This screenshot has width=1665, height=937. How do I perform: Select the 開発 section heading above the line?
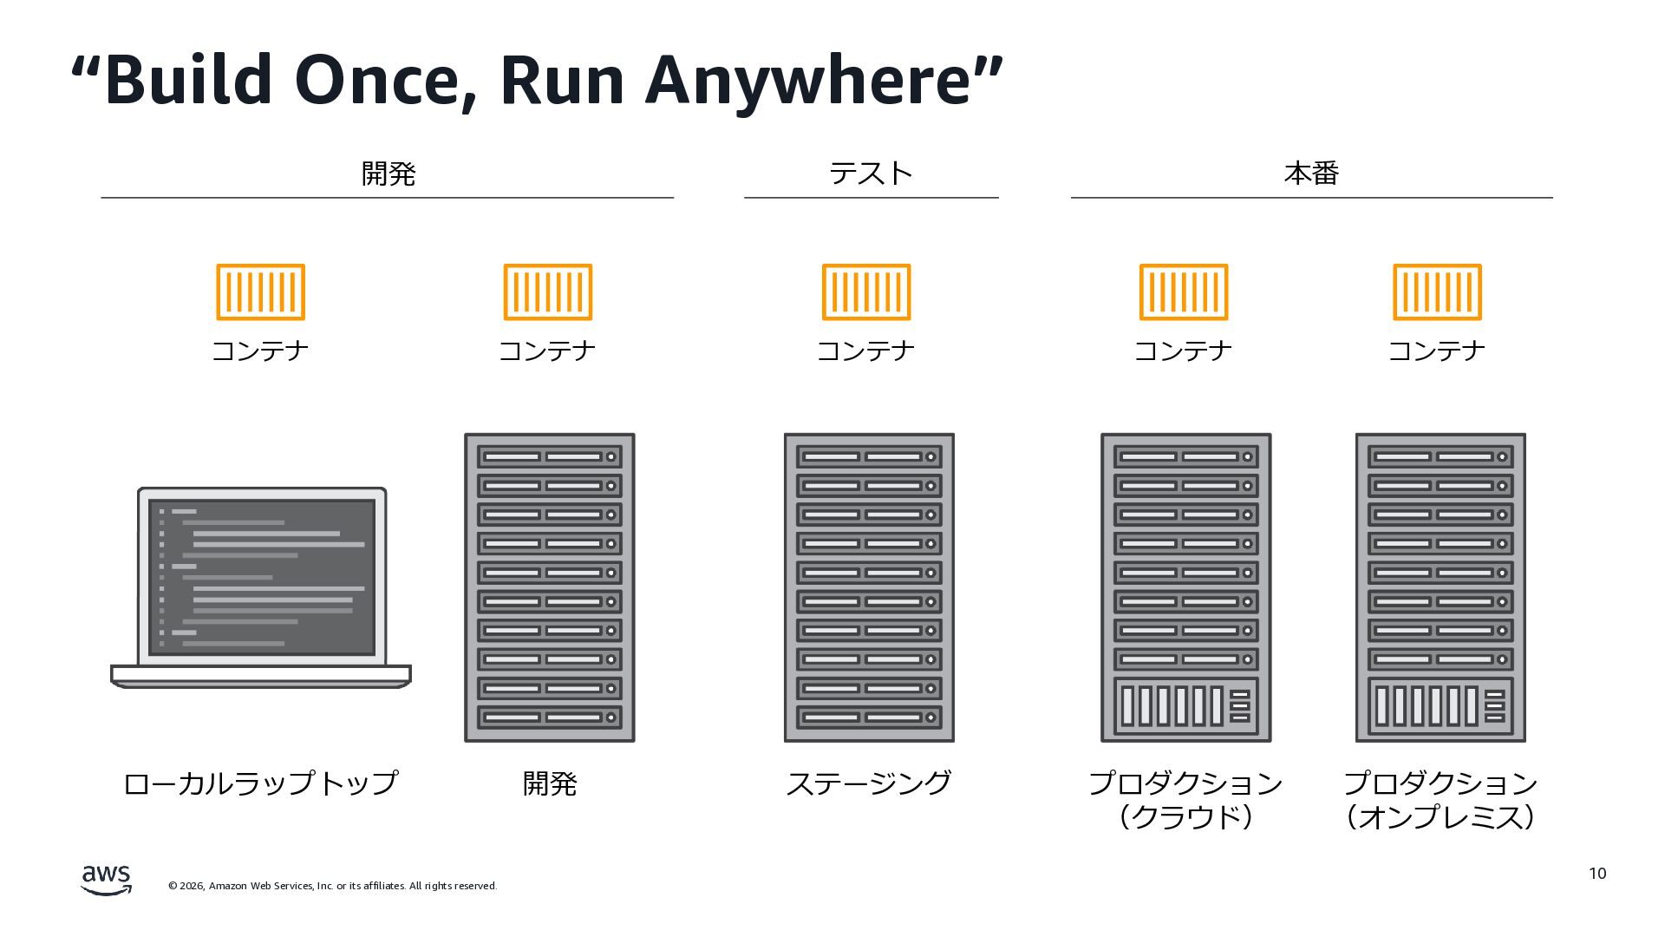click(x=388, y=174)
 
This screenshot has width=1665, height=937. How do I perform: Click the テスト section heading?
click(x=871, y=174)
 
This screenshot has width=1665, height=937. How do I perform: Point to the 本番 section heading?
click(x=1311, y=174)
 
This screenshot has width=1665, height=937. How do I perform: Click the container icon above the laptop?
click(x=260, y=292)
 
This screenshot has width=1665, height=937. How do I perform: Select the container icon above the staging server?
click(x=866, y=292)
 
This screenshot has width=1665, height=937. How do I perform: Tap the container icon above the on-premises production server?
click(x=1437, y=292)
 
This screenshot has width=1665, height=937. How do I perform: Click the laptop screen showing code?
click(x=261, y=577)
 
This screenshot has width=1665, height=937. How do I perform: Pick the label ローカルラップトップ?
click(x=260, y=783)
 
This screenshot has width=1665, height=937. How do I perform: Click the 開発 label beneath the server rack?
click(x=549, y=783)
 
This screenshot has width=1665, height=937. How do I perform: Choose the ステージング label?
click(x=868, y=783)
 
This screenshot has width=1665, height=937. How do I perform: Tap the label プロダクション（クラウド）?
click(x=1185, y=800)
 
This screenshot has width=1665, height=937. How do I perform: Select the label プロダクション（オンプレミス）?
click(x=1440, y=800)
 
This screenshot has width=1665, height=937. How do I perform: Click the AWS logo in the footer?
click(x=106, y=879)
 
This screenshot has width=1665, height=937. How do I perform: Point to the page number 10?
click(x=1597, y=874)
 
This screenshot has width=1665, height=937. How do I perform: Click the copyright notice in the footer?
click(x=332, y=886)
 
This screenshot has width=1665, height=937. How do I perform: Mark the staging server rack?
click(x=869, y=587)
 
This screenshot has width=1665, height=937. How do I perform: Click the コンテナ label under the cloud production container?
click(x=1183, y=351)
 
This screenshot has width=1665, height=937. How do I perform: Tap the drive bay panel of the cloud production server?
click(x=1185, y=705)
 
